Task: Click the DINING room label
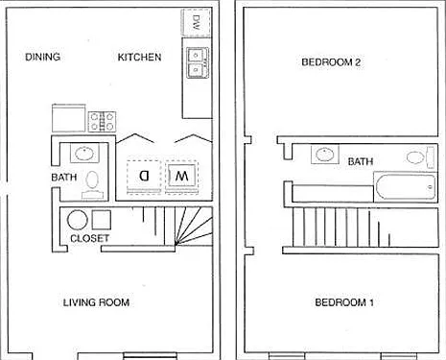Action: pos(42,57)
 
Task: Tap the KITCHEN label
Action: pos(139,58)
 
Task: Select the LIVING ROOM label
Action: pos(96,302)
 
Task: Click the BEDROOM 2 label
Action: pos(331,61)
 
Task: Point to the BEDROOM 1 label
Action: pos(344,302)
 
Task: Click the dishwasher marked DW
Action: pos(196,22)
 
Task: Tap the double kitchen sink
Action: pos(198,62)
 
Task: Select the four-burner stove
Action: pos(102,122)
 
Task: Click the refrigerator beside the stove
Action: pos(69,118)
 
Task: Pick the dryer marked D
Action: pos(144,177)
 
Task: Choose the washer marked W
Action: pos(181,177)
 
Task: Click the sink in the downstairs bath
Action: pos(84,154)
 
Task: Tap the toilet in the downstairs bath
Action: pos(92,184)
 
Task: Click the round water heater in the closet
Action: pos(78,220)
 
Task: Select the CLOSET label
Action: pos(90,238)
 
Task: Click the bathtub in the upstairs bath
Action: pos(405,187)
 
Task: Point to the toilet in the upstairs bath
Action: pos(420,157)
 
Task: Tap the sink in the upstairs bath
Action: pos(325,155)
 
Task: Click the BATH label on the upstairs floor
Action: pos(361,161)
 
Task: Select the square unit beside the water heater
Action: pos(102,220)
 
